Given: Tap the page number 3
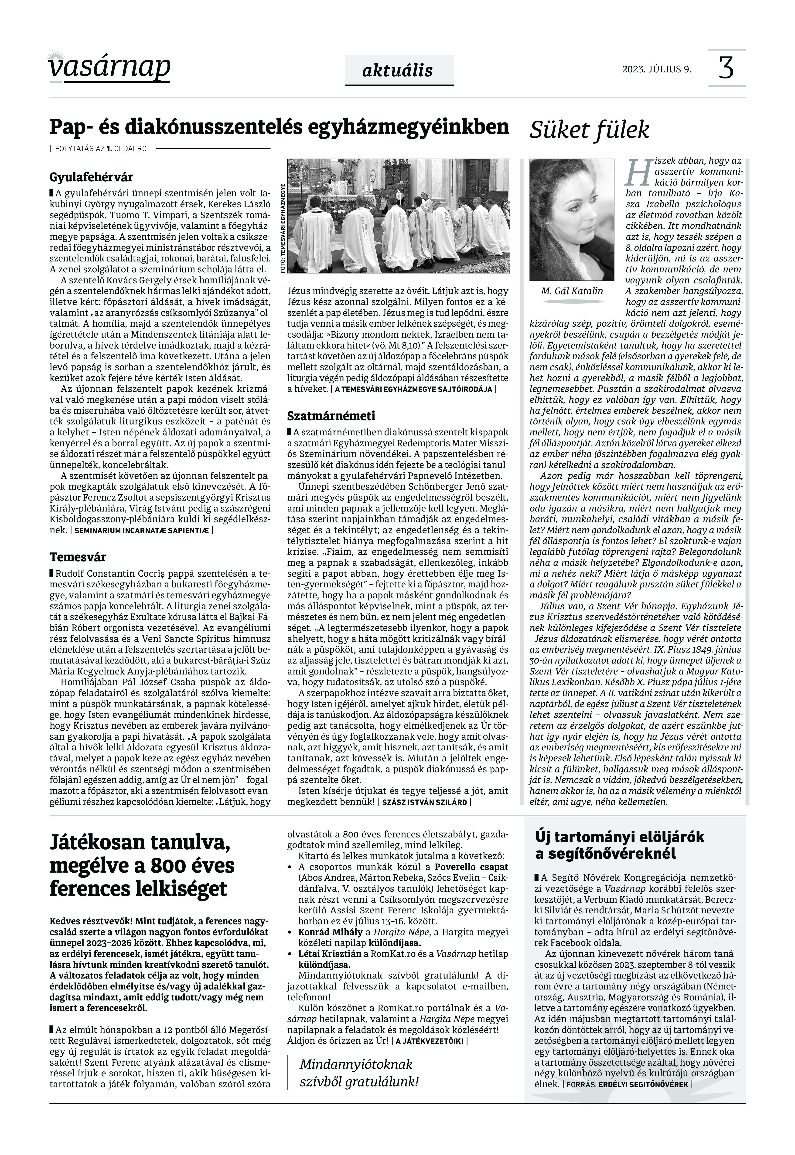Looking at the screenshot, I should click(726, 68).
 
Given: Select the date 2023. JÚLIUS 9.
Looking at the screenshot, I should click(656, 69).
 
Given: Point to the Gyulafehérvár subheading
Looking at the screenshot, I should click(91, 177).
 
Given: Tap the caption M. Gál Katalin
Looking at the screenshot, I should click(572, 291).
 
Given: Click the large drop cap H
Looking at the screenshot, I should click(638, 172).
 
